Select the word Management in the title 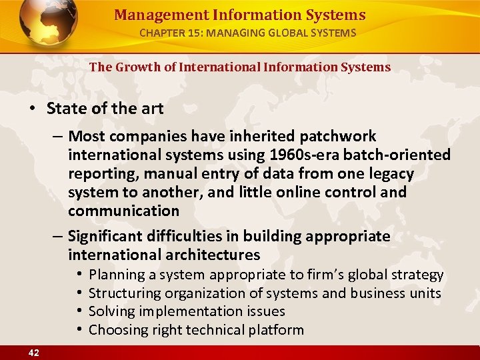(150, 15)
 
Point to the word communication (123, 211)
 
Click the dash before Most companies (58, 137)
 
